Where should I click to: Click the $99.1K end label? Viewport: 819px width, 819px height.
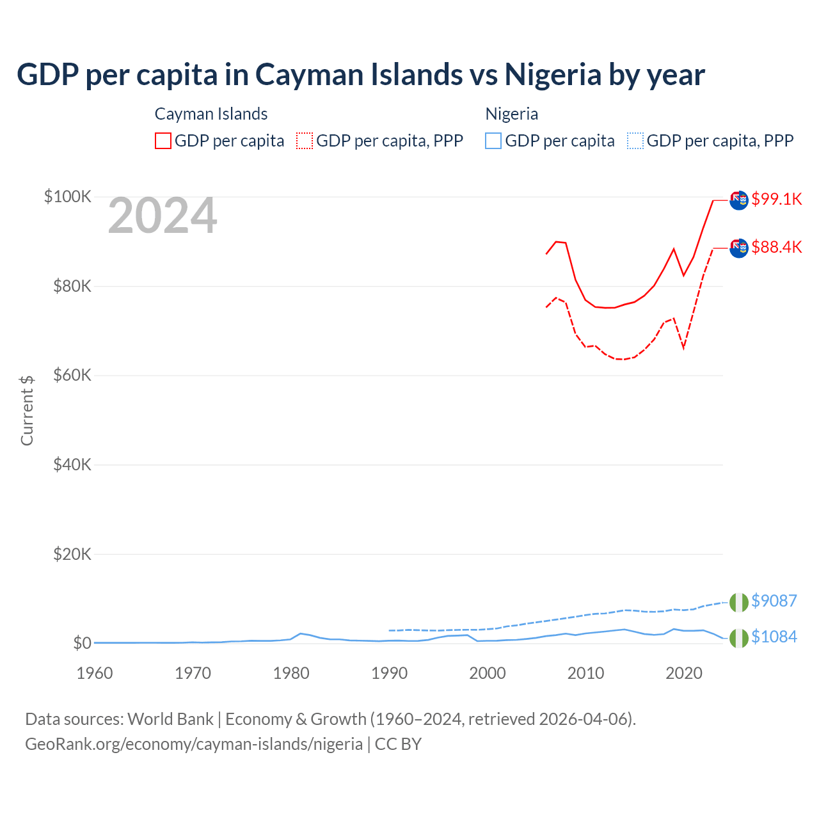point(776,199)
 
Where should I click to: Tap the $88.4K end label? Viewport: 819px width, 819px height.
point(776,247)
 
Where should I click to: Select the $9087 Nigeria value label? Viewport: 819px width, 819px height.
point(774,601)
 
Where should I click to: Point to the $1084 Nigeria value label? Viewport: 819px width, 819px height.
point(774,637)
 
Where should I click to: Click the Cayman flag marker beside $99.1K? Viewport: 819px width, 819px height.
point(739,200)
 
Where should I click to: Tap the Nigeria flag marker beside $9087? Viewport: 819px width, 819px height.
point(739,602)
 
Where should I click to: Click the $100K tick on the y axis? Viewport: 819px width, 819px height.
point(68,196)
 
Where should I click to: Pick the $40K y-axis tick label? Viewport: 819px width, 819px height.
point(72,465)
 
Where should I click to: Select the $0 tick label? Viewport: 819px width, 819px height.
point(82,643)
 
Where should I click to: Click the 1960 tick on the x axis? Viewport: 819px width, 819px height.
point(95,673)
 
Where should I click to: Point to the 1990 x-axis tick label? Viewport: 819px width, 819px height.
point(389,673)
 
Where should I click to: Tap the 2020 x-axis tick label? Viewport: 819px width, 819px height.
point(684,673)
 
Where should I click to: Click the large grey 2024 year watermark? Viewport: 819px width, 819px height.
point(163,216)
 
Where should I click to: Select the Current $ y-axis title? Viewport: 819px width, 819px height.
point(27,410)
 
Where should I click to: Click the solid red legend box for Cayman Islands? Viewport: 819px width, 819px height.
point(163,141)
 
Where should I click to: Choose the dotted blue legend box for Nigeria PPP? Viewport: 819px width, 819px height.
point(635,141)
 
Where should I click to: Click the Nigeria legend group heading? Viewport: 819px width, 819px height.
point(511,114)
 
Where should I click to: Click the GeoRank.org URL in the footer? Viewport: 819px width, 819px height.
point(194,744)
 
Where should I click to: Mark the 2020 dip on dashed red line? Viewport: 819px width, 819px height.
point(683,347)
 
